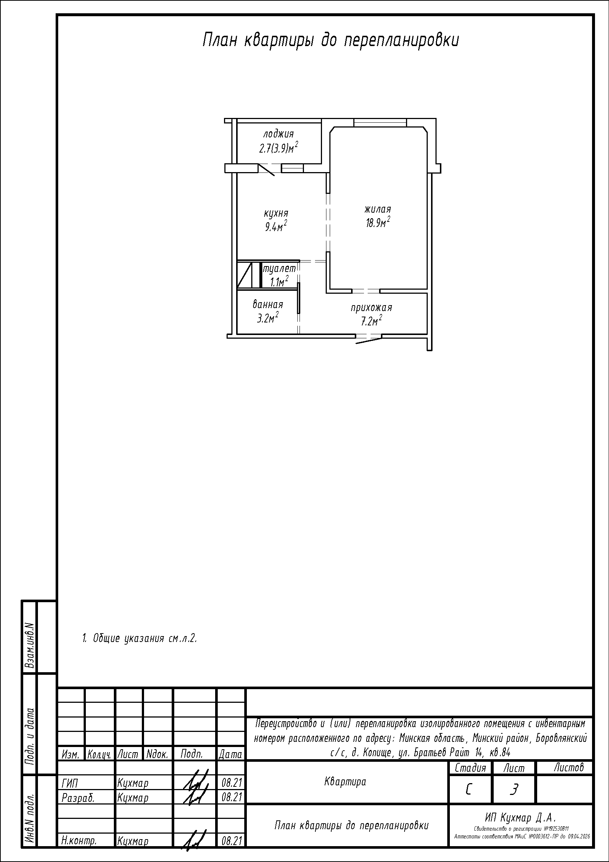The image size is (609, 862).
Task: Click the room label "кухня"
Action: (276, 213)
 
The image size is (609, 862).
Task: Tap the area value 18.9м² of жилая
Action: (378, 223)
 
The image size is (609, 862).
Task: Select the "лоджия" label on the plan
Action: (279, 134)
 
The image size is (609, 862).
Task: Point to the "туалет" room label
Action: (279, 269)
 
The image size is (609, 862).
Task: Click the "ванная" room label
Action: (268, 304)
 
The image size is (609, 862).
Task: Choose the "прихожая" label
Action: (371, 308)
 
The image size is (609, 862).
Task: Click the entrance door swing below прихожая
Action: (368, 340)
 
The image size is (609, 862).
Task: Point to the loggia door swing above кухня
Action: (266, 169)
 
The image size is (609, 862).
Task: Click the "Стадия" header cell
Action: (470, 768)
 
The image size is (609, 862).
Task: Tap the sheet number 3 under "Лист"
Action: (514, 790)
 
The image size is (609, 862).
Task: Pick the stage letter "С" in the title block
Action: (469, 790)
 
